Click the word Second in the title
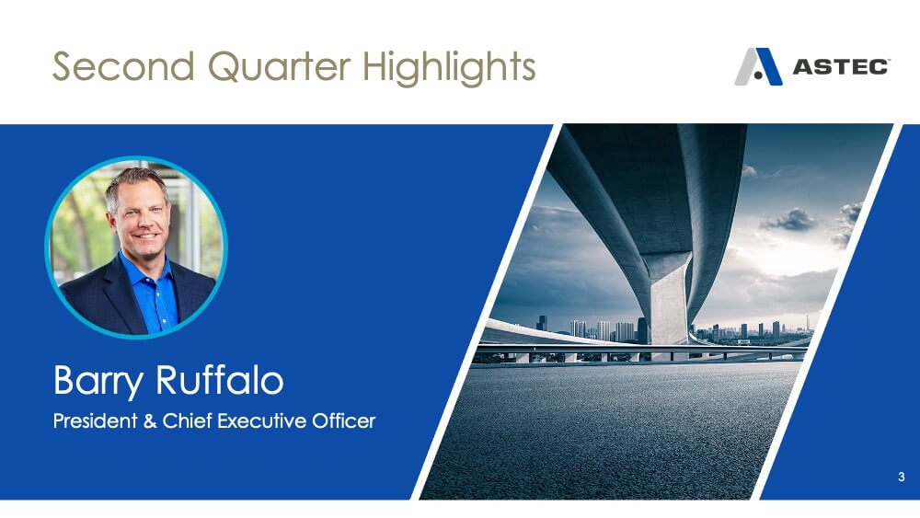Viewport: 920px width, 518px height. pyautogui.click(x=123, y=65)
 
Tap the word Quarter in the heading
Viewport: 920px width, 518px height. pyautogui.click(x=280, y=66)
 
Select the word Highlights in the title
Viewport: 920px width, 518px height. pyautogui.click(x=449, y=67)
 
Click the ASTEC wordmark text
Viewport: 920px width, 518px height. pyautogui.click(x=841, y=67)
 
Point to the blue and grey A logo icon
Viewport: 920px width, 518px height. pyautogui.click(x=758, y=66)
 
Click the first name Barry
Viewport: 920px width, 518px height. pyautogui.click(x=98, y=381)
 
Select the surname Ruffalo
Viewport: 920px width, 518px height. pyautogui.click(x=220, y=380)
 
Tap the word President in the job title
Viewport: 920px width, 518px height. pyautogui.click(x=95, y=420)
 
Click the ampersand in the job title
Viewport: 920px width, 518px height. pyautogui.click(x=150, y=421)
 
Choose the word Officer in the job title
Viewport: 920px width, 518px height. pyautogui.click(x=343, y=420)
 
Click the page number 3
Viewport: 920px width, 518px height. pyautogui.click(x=902, y=477)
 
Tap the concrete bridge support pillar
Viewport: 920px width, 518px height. pyautogui.click(x=669, y=299)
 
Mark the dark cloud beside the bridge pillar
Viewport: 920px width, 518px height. pyautogui.click(x=789, y=220)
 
